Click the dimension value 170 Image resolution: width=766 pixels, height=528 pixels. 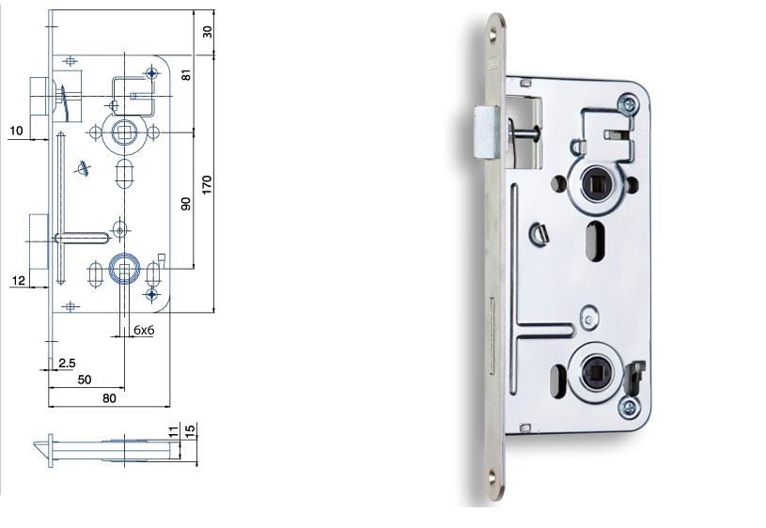click(208, 184)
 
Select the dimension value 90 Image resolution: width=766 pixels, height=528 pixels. click(186, 202)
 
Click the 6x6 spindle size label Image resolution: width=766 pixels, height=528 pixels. click(144, 330)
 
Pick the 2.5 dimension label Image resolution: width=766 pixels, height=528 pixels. click(67, 362)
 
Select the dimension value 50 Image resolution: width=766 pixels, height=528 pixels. click(84, 379)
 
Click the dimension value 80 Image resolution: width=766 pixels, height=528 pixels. click(109, 398)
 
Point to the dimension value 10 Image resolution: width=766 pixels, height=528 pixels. click(17, 131)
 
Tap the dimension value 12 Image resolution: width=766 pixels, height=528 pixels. click(17, 280)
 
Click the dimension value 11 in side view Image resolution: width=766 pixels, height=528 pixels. click(173, 431)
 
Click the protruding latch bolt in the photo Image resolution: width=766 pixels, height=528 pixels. click(486, 132)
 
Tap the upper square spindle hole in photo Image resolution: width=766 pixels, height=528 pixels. click(594, 184)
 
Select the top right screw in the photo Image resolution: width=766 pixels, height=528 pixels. click(627, 105)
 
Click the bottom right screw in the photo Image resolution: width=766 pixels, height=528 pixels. click(627, 409)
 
